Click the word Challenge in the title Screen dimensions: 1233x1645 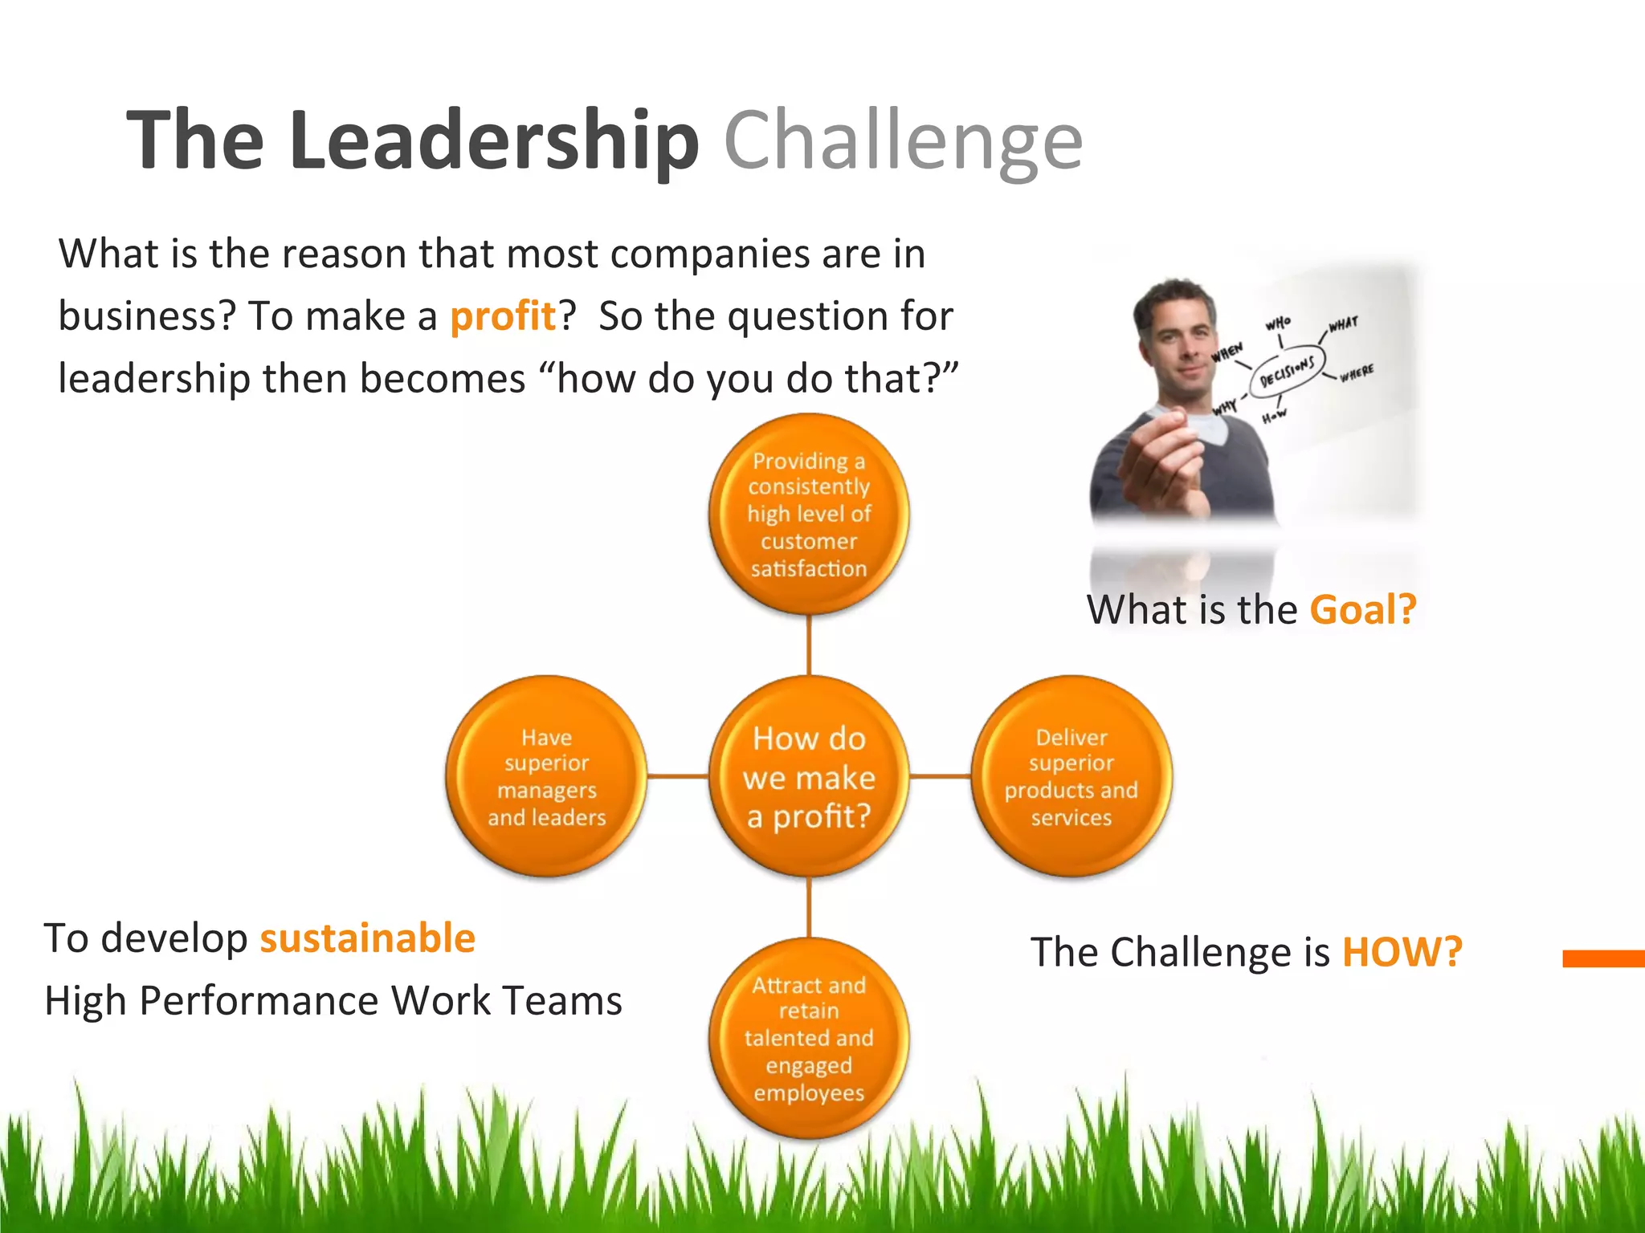[x=903, y=141]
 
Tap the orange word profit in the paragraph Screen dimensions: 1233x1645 [x=503, y=315]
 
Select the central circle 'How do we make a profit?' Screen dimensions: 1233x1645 [x=809, y=776]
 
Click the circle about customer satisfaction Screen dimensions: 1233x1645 [x=809, y=515]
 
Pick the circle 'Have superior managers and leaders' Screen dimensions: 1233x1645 [x=547, y=776]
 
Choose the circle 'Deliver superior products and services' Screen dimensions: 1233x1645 [x=1071, y=776]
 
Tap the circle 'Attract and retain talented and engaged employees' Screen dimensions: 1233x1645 [x=809, y=1038]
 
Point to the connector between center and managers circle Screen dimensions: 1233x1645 [x=677, y=776]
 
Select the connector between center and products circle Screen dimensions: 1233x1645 [x=940, y=776]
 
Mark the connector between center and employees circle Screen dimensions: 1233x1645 [x=809, y=907]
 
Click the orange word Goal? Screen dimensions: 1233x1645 [x=1362, y=609]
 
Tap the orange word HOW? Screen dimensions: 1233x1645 [x=1402, y=952]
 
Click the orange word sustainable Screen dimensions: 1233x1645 [x=368, y=938]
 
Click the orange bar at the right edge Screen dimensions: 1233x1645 [x=1603, y=958]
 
